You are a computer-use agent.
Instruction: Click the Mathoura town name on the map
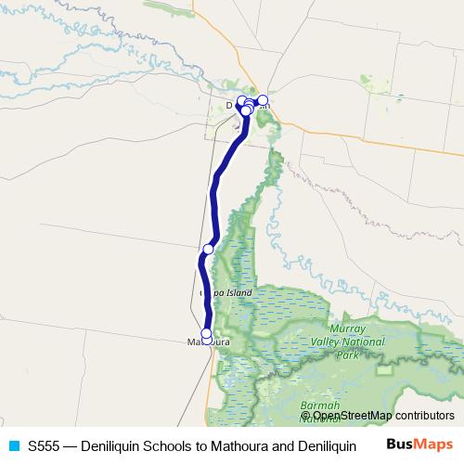click(208, 342)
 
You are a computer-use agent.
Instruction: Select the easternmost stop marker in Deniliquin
click(263, 99)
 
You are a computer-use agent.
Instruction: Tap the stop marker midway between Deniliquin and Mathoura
click(209, 249)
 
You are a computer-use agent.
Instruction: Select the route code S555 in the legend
click(45, 445)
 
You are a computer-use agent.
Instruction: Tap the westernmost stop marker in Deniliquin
click(241, 101)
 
